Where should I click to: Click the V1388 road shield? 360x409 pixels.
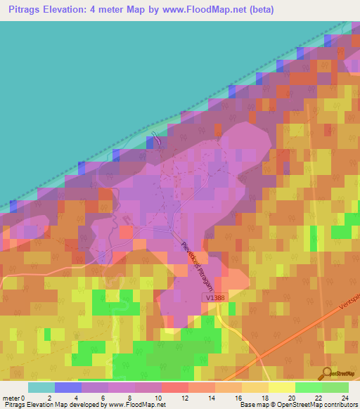(x=217, y=299)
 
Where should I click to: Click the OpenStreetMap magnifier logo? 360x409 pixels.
(x=327, y=374)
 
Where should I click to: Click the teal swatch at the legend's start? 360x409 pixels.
(x=41, y=387)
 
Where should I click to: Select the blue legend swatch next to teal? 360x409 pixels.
(x=67, y=387)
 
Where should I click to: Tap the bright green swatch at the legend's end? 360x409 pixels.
(x=335, y=387)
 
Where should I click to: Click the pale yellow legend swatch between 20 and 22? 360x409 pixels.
(x=281, y=387)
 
